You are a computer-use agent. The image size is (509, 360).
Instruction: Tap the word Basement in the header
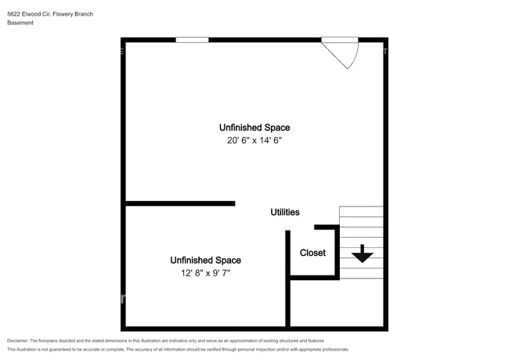pyautogui.click(x=20, y=23)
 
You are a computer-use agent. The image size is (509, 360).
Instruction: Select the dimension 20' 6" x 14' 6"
pyautogui.click(x=254, y=141)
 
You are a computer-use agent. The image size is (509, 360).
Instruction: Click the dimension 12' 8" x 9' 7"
pyautogui.click(x=205, y=273)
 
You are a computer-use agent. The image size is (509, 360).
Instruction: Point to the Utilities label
pyautogui.click(x=284, y=212)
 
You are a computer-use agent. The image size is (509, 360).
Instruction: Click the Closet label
pyautogui.click(x=312, y=253)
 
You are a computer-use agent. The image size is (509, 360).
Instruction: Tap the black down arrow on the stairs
pyautogui.click(x=362, y=254)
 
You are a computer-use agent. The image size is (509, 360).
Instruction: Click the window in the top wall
pyautogui.click(x=192, y=40)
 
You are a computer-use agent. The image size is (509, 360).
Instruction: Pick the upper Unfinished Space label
pyautogui.click(x=254, y=128)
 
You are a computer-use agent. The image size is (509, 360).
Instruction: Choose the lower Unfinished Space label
pyautogui.click(x=205, y=260)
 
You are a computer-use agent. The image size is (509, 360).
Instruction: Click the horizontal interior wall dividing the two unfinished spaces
pyautogui.click(x=180, y=203)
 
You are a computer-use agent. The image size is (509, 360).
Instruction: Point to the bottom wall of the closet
pyautogui.click(x=313, y=277)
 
